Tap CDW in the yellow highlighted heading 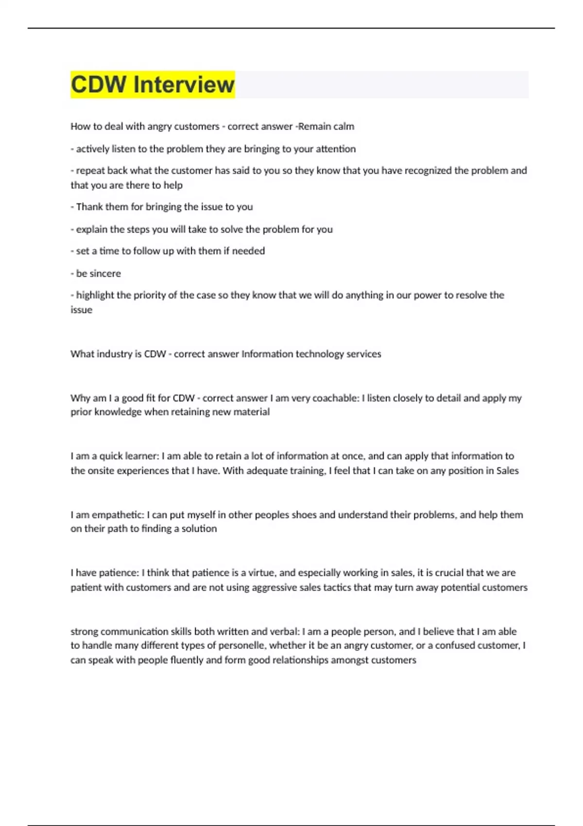coord(99,85)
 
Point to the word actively coord(92,149)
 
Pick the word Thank coord(88,207)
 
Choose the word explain coord(91,229)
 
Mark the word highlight coord(95,295)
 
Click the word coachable coord(336,398)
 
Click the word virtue coord(262,573)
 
